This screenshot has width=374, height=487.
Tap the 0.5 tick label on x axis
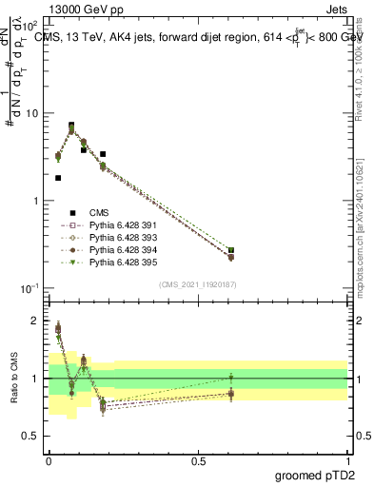[x=198, y=459]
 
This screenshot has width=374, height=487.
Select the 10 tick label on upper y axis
[x=32, y=113]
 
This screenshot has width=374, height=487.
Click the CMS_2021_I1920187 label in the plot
[x=197, y=284]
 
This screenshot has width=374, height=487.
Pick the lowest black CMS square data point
[x=58, y=178]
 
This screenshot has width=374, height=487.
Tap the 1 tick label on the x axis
[x=347, y=459]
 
